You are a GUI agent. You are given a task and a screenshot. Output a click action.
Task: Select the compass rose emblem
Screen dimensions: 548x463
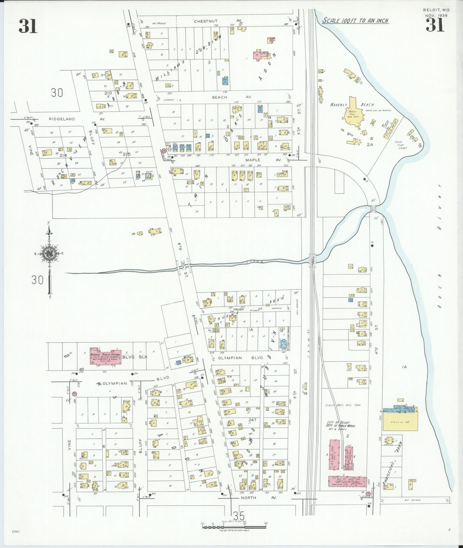click(x=50, y=254)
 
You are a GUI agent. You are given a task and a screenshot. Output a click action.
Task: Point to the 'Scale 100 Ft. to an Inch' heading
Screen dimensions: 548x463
click(x=355, y=21)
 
